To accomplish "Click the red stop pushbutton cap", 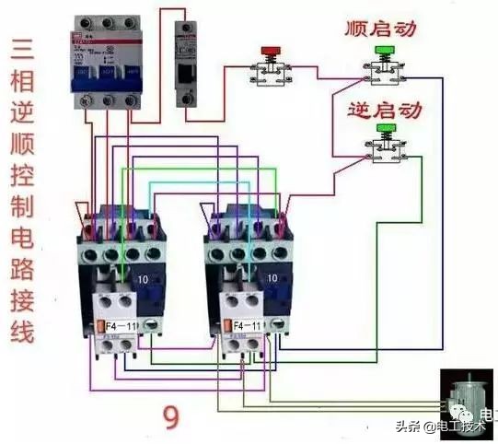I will tap(271, 50).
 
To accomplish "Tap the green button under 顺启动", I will tap(383, 51).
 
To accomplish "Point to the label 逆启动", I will tap(384, 110).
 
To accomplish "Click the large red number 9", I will tap(171, 418).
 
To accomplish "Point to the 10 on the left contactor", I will tap(144, 277).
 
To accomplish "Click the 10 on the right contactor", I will tap(271, 277).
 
